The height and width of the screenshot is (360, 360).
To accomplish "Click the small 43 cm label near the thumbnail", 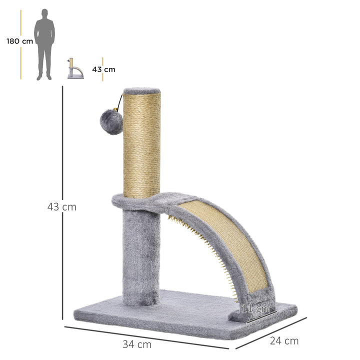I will [x=103, y=69].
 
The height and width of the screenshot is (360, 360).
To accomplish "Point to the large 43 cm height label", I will [x=61, y=206].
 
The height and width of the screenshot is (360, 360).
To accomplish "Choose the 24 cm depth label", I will [x=283, y=341].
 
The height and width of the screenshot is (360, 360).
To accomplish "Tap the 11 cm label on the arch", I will [x=255, y=308].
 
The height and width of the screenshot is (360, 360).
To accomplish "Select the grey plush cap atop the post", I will [x=142, y=91].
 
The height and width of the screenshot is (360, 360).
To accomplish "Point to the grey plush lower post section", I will [x=140, y=255].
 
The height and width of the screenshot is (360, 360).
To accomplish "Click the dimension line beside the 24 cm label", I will [x=270, y=332].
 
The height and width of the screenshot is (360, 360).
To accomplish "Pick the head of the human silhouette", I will [x=44, y=13].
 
